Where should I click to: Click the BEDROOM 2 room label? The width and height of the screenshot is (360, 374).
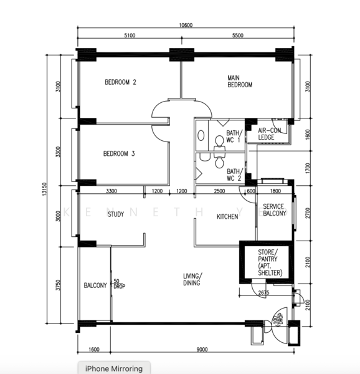point(120,82)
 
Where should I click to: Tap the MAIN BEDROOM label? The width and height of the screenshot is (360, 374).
point(240,81)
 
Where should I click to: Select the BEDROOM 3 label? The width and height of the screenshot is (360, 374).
point(119,153)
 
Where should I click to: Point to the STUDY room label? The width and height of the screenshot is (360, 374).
point(116,214)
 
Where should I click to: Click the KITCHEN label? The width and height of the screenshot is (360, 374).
point(227,216)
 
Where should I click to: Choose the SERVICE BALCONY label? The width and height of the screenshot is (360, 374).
point(274,210)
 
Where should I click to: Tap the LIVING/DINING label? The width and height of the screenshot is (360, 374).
point(192,279)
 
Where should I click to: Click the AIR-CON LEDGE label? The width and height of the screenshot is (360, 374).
point(270,134)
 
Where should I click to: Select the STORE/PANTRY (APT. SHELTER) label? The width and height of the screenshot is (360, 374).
point(270,262)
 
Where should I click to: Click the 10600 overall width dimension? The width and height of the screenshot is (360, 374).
point(186,25)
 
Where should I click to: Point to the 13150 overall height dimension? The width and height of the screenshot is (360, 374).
point(44,189)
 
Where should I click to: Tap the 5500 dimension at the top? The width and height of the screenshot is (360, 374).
point(238,36)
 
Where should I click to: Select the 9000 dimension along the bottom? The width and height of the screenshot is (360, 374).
point(202,350)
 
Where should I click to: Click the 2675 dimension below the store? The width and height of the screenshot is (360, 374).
point(263,292)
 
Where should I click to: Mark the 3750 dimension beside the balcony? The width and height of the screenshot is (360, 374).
point(58,285)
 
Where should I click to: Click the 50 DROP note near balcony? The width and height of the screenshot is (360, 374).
point(119,284)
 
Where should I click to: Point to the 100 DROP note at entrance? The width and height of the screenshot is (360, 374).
point(278,319)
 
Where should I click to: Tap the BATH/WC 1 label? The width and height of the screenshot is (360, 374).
point(234,136)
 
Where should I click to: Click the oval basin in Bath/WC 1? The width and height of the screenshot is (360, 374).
point(201,135)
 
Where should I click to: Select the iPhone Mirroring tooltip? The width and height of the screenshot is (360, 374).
point(114,368)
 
